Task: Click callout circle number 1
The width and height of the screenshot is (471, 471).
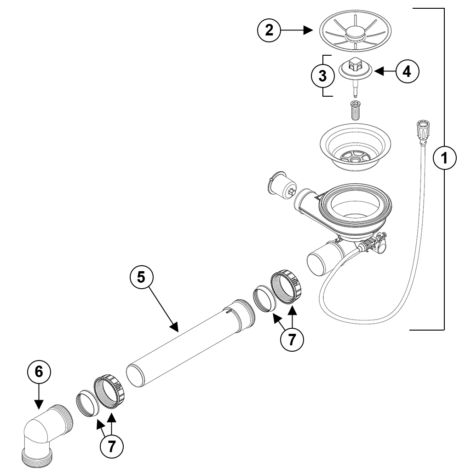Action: coord(444,158)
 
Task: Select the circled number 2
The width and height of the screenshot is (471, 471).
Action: coord(269,30)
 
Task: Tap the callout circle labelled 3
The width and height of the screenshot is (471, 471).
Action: coord(323,76)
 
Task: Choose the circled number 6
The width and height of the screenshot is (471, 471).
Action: coord(39,371)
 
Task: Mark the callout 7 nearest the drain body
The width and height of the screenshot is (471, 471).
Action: coord(292,339)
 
